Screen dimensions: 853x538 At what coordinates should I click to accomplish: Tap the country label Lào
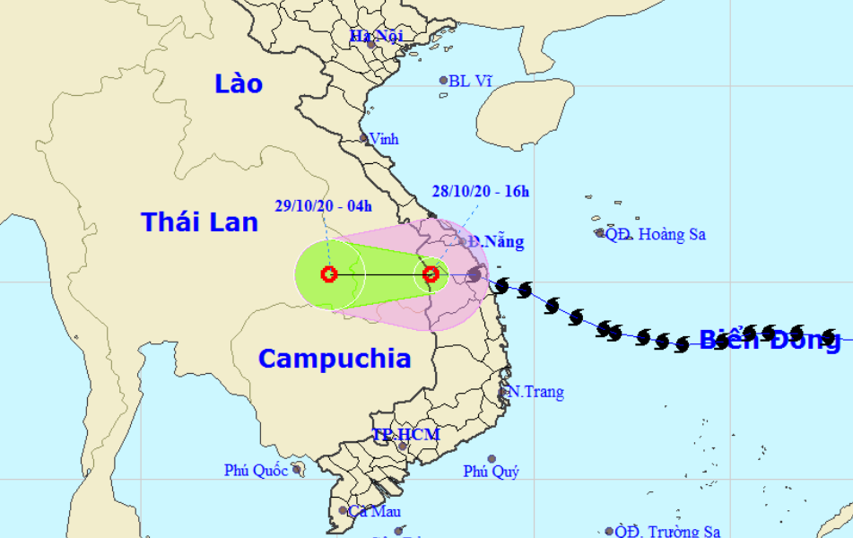tap(239, 84)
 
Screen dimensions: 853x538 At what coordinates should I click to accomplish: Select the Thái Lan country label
tap(199, 221)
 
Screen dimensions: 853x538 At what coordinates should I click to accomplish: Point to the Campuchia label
tap(335, 359)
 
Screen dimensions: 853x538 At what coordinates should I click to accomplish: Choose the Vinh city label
tap(384, 139)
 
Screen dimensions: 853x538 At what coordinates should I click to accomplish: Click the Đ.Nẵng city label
tap(497, 241)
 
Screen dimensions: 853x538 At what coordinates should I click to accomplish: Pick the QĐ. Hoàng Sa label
tap(656, 235)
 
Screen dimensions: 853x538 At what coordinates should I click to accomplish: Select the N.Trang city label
tap(535, 392)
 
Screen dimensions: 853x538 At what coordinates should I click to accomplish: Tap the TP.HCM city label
tap(406, 435)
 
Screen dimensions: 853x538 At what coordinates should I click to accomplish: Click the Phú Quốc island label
tap(257, 470)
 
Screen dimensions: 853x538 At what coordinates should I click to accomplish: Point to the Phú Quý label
tap(491, 472)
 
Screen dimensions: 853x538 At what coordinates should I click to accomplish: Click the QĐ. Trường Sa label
tap(668, 532)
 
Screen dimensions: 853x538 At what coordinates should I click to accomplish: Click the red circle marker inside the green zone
tap(329, 274)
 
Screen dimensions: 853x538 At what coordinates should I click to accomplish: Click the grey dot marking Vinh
tap(364, 138)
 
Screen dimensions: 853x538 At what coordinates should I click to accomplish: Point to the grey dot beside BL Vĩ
tap(443, 81)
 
